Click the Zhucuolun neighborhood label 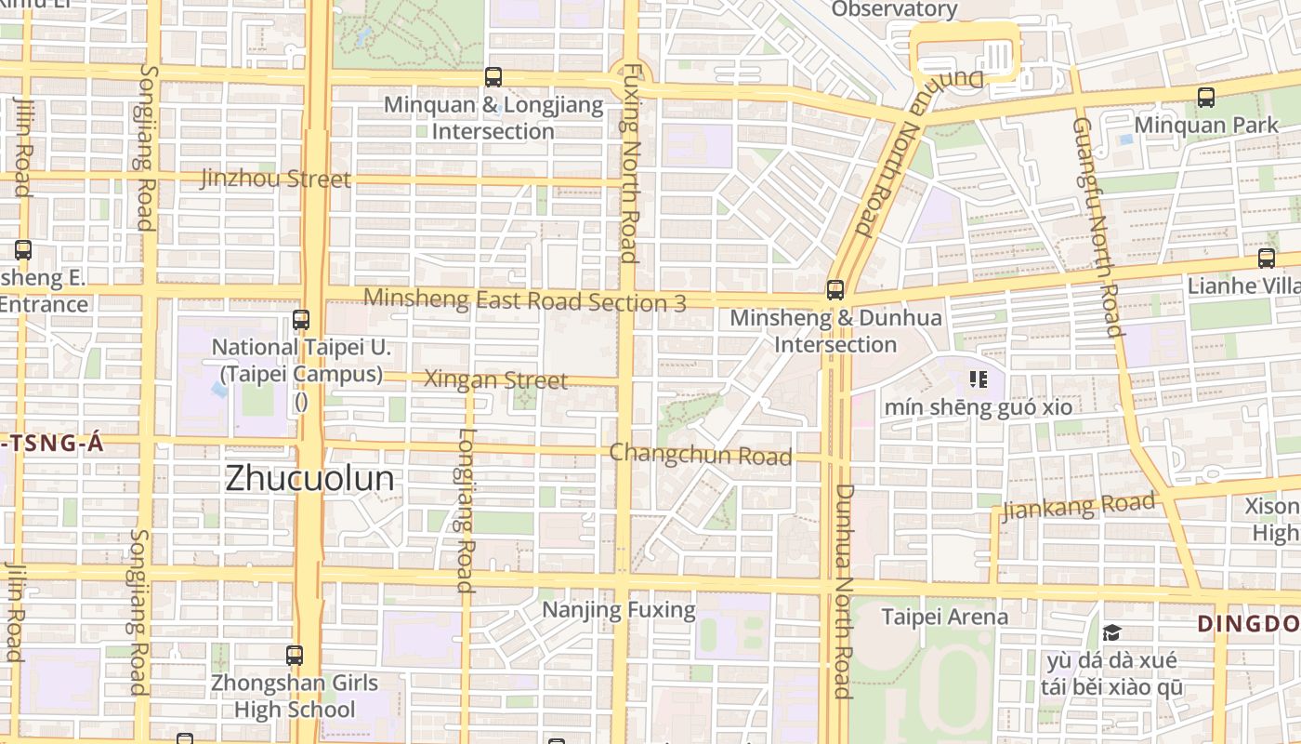click(309, 479)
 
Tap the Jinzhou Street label click(275, 179)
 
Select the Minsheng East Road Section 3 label click(525, 300)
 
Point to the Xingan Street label click(495, 379)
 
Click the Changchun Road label click(701, 455)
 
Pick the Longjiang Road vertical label click(466, 510)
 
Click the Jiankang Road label click(1078, 507)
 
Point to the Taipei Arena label click(944, 617)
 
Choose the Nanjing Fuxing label click(618, 610)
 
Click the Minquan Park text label click(1206, 124)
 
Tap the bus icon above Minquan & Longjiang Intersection click(493, 77)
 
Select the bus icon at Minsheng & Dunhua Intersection click(834, 290)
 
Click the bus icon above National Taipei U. click(300, 320)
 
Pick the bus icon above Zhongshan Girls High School click(295, 656)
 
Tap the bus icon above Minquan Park click(1206, 97)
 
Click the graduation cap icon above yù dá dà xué click(1111, 633)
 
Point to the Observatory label click(894, 9)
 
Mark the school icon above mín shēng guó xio click(978, 379)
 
